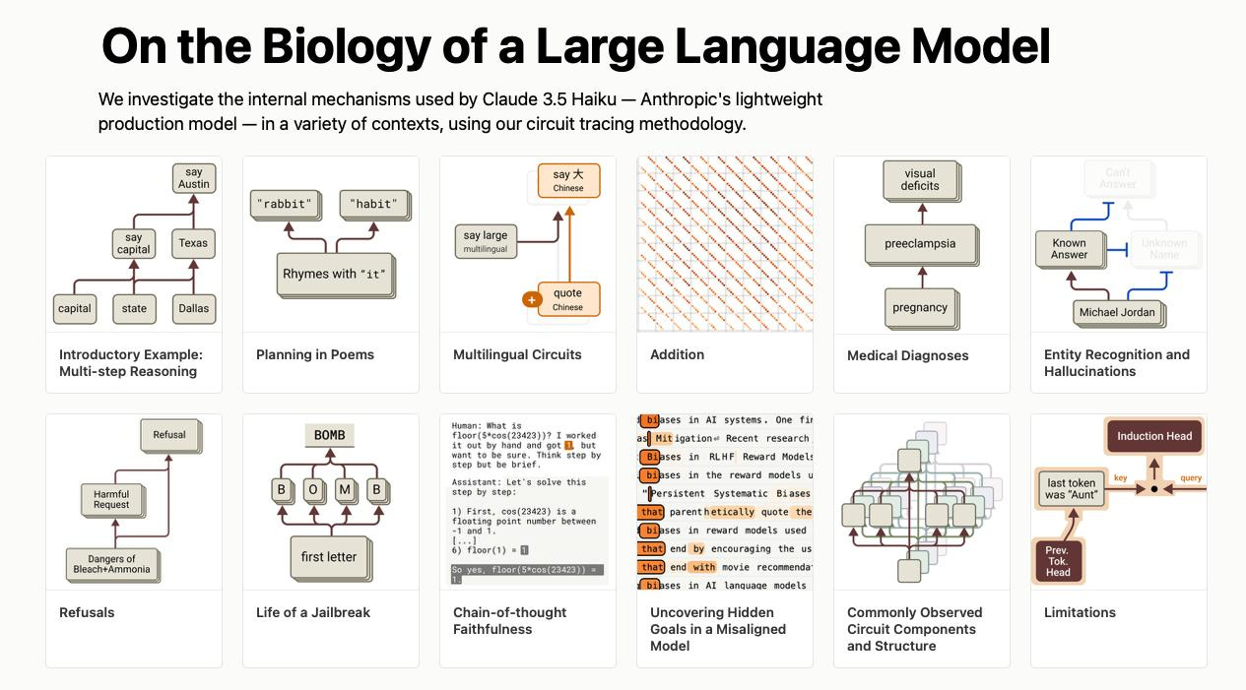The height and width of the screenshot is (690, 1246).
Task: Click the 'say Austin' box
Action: (194, 178)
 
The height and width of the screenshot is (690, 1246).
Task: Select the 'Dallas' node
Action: (194, 308)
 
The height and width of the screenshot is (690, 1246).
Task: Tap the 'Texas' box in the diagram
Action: (193, 243)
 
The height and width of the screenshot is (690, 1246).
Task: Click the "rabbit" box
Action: (286, 205)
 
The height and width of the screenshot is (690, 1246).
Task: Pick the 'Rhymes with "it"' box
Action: (334, 275)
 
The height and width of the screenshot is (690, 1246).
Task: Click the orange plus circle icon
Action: (532, 299)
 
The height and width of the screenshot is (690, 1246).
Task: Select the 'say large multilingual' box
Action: (486, 241)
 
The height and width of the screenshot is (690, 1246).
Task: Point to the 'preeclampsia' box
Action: (920, 244)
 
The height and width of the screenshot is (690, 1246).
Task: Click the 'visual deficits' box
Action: (920, 180)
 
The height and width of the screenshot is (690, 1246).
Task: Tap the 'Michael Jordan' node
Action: (1117, 312)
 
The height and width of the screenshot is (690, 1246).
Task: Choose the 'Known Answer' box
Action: (1069, 249)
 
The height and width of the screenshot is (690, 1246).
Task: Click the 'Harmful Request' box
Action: (111, 500)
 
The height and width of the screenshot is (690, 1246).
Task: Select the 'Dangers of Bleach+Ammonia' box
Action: (111, 564)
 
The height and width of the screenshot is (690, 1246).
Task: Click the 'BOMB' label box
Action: (329, 435)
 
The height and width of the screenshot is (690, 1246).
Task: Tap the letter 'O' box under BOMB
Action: (313, 489)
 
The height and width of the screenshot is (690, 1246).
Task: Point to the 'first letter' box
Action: (329, 557)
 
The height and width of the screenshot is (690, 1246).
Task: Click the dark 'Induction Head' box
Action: (1154, 436)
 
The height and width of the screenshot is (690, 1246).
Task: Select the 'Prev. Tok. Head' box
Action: (1058, 560)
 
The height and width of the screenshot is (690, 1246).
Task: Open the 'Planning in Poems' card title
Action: (315, 354)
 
